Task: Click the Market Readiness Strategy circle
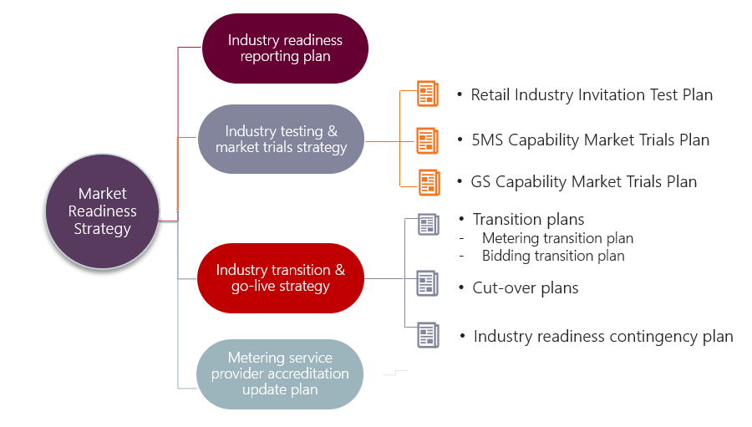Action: pos(102,211)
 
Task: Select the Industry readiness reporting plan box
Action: pos(285,48)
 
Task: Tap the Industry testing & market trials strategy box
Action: pos(281,139)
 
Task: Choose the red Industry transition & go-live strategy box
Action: pos(280,278)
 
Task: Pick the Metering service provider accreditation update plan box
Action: pos(280,374)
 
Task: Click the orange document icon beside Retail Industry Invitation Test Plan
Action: pos(427,94)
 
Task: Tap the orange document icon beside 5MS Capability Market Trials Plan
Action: pos(427,140)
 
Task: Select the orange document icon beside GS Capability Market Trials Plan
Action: pos(429,181)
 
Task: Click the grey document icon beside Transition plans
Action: pos(427,225)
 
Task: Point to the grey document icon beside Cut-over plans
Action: pos(427,283)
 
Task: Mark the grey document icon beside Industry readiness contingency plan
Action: pos(428,335)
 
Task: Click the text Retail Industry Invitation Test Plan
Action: pos(592,95)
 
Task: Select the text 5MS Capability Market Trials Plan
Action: pos(590,140)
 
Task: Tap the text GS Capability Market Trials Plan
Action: pos(583,181)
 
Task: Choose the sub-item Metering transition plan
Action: pos(557,239)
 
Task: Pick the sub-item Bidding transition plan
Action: pos(553,256)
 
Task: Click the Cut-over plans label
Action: pos(526,288)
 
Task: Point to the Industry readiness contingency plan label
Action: pos(602,337)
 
